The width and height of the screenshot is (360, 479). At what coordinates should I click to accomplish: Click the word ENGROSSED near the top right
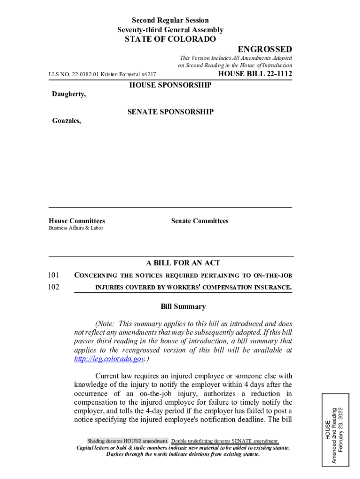tap(265, 50)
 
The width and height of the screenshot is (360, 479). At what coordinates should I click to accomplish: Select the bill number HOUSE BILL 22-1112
tap(255, 74)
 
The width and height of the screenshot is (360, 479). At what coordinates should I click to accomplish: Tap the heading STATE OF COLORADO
tap(170, 39)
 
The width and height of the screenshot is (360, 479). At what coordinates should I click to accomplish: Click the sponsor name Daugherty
tap(68, 94)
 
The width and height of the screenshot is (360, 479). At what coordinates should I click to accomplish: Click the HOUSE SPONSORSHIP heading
tap(170, 85)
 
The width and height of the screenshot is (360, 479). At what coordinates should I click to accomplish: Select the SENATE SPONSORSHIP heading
tap(170, 112)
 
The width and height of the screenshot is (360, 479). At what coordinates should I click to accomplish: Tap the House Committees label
tap(77, 221)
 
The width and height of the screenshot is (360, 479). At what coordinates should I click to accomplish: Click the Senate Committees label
tap(200, 221)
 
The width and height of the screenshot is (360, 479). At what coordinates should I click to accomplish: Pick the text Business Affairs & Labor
tap(76, 228)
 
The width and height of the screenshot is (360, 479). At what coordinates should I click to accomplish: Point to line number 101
tap(54, 275)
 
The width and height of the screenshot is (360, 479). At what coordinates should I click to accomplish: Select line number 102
tap(54, 287)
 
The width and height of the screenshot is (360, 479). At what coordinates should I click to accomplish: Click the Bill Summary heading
tap(183, 307)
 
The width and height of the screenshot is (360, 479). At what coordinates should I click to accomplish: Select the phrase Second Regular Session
tap(170, 20)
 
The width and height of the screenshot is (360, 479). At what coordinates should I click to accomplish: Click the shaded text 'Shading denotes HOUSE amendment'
tap(128, 441)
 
